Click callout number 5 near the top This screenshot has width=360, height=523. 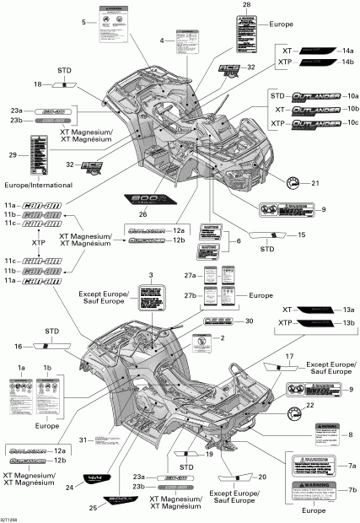tap(84, 22)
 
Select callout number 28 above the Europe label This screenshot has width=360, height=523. tap(246, 6)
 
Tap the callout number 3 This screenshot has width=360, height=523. tap(151, 301)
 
